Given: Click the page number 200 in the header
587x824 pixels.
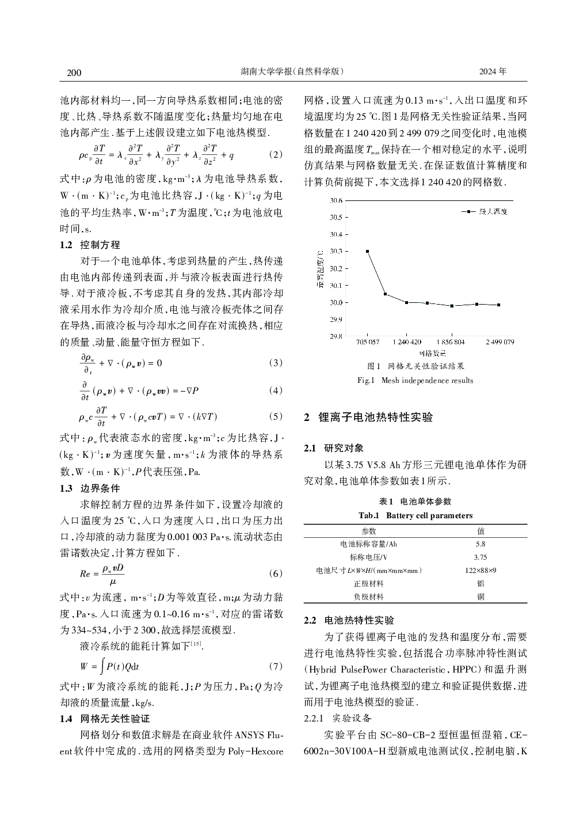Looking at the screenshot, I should (74, 73).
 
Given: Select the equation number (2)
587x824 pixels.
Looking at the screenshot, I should (276, 155).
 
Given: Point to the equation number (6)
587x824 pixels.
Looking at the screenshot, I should (276, 574).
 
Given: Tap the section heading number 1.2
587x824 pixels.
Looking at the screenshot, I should (66, 245).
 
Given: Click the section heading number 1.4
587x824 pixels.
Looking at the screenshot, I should (66, 719).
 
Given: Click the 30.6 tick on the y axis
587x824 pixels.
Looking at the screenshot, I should (336, 201).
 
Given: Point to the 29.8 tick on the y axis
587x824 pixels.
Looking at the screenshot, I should (336, 336).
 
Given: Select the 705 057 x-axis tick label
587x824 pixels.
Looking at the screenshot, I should (368, 342).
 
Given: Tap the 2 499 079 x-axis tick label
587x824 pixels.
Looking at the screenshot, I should (499, 342).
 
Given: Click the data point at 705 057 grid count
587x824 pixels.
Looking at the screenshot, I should (368, 252).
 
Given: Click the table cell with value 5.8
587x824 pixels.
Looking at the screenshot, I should (481, 544).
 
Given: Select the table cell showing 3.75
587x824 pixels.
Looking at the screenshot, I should (481, 557).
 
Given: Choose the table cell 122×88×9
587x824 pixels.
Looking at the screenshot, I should (481, 571).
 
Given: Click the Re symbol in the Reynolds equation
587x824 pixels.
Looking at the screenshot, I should (85, 574).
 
